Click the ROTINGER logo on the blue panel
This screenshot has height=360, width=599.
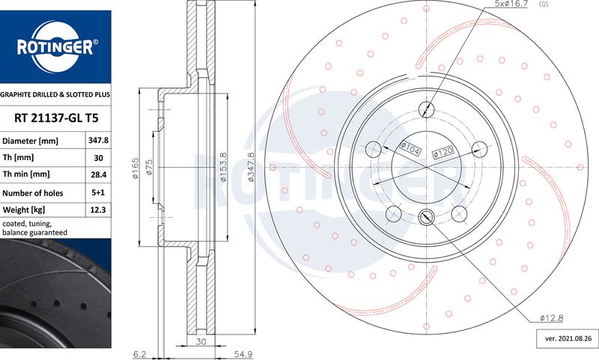[x=55, y=46]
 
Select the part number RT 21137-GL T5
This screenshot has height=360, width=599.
[x=56, y=118]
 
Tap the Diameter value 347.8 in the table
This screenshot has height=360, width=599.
[x=98, y=141]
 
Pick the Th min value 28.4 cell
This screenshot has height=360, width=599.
[x=98, y=174]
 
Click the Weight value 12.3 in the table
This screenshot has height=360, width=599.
[x=98, y=210]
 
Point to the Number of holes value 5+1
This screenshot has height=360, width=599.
[x=98, y=192]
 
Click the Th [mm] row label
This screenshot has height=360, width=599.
[x=18, y=157]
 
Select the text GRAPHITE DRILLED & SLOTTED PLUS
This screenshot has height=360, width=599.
[x=55, y=94]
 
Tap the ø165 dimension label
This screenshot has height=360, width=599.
[x=136, y=168]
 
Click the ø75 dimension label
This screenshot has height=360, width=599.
[x=149, y=167]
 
